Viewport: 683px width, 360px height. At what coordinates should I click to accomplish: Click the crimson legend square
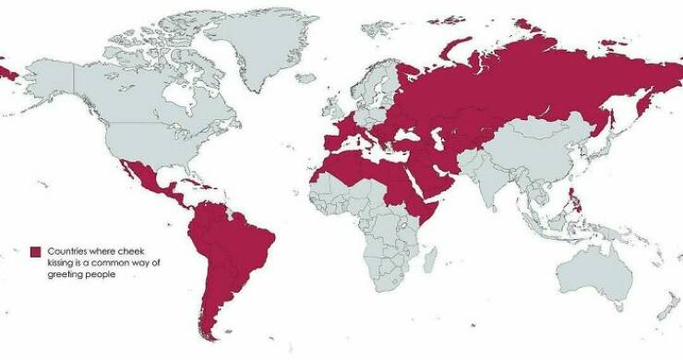[x=36, y=252]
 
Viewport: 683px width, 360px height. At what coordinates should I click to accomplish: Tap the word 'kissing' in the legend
[x=62, y=263]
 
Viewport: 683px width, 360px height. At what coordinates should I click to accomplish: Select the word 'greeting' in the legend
[x=65, y=275]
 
